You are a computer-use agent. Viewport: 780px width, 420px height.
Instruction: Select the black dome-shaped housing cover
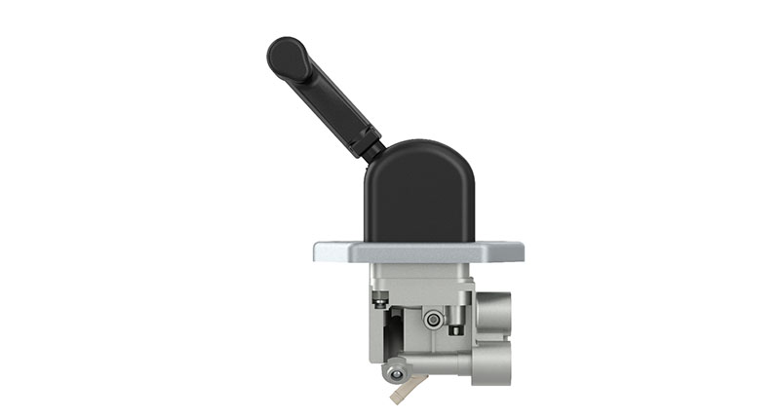coord(418,195)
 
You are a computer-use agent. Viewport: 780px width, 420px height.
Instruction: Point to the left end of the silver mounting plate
coord(323,251)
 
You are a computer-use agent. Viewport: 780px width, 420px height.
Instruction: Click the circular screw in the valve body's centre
coord(430,318)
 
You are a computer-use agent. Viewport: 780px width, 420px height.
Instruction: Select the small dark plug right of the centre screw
coord(454,328)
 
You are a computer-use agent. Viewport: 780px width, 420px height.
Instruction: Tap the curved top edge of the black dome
coord(418,144)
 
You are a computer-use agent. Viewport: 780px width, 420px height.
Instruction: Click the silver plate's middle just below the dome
coord(418,251)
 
